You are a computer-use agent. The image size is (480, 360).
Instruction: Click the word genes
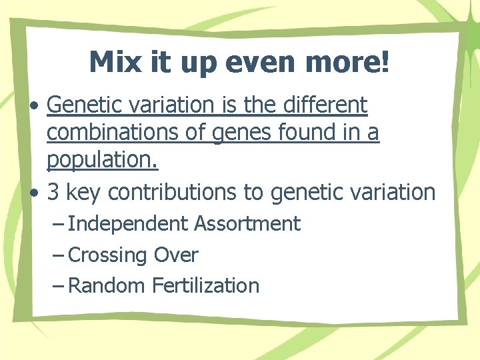pyautogui.click(x=243, y=133)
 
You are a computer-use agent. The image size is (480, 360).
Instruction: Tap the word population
pyautogui.click(x=102, y=162)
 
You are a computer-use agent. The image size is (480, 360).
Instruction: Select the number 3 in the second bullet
pyautogui.click(x=54, y=192)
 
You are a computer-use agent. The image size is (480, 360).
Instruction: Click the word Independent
pyautogui.click(x=127, y=224)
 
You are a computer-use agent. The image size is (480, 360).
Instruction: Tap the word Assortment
pyautogui.click(x=247, y=224)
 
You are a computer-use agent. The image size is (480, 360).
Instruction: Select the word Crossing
pyautogui.click(x=107, y=255)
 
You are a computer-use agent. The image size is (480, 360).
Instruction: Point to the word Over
pyautogui.click(x=176, y=255)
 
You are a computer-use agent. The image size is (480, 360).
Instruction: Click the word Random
pyautogui.click(x=107, y=286)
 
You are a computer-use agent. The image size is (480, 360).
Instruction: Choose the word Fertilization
pyautogui.click(x=205, y=286)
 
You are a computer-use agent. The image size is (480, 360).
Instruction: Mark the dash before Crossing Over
pyautogui.click(x=58, y=255)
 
